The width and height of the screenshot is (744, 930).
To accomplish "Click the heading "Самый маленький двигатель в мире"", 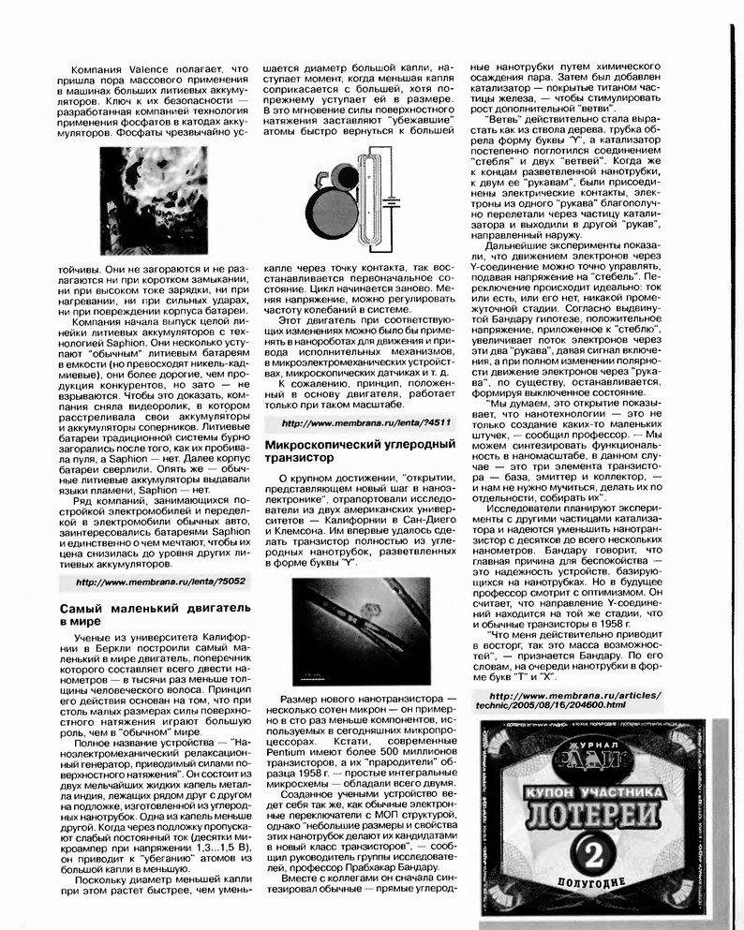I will tap(148, 614).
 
